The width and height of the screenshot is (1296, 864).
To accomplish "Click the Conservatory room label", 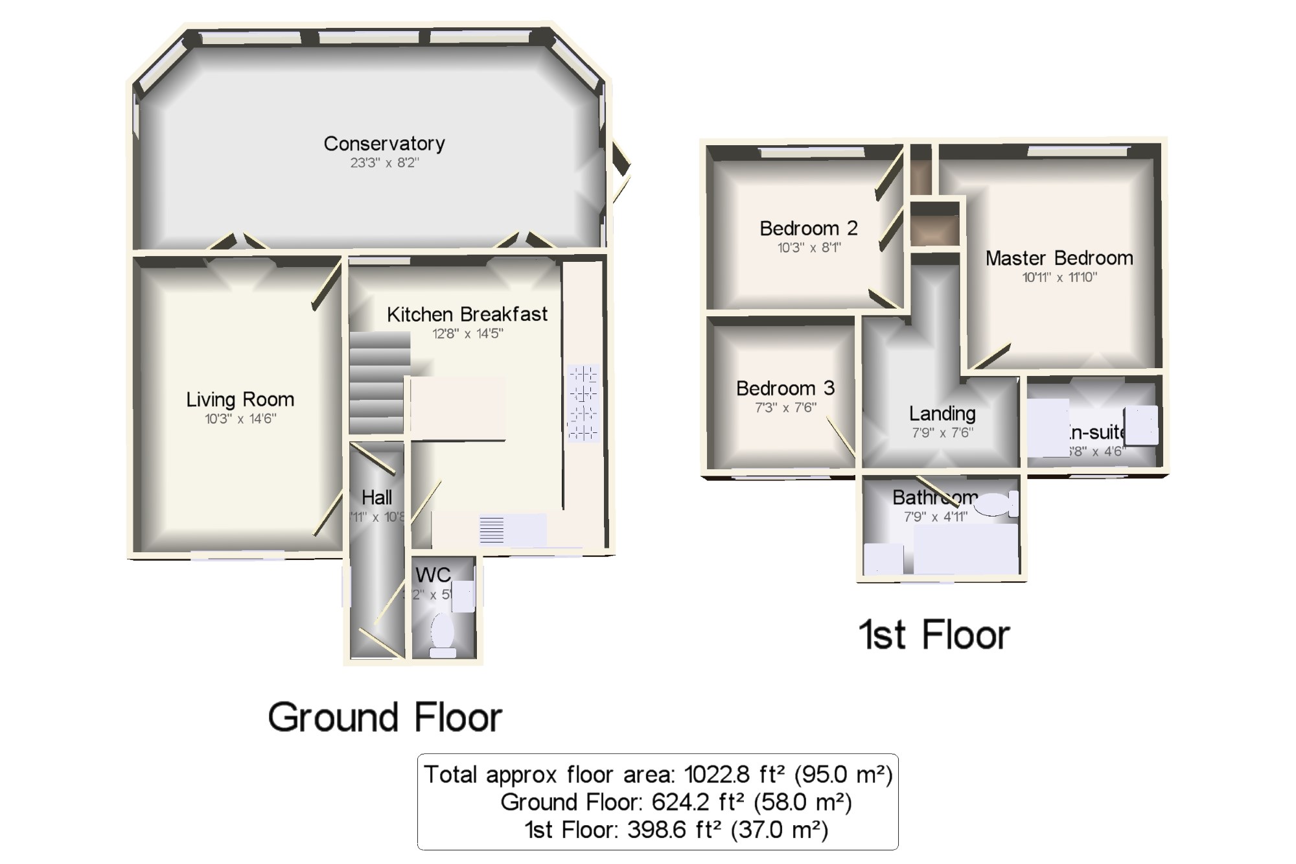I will click(384, 143).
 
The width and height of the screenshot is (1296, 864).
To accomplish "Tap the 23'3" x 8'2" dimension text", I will click(384, 163).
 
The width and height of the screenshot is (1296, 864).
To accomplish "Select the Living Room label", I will click(240, 399).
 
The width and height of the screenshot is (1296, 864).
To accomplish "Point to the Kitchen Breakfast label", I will click(467, 314).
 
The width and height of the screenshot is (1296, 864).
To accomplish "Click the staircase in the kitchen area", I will click(379, 382).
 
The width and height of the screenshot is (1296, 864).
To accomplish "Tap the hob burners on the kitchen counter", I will click(583, 403).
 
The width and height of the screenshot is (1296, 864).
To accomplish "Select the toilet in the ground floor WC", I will click(443, 633).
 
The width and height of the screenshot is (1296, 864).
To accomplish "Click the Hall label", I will click(376, 498).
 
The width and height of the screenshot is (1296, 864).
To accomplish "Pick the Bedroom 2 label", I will click(808, 228).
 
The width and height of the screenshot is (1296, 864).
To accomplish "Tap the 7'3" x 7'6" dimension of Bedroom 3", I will click(785, 408).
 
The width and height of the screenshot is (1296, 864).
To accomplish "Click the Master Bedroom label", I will click(1059, 258).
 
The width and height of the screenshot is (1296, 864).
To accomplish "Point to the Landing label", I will click(942, 414).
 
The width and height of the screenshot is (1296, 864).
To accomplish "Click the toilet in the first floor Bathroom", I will click(995, 504).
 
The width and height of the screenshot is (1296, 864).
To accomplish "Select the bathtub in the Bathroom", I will click(966, 550).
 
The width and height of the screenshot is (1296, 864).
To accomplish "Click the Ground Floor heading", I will click(385, 718).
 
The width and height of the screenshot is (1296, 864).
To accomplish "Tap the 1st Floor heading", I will click(934, 635).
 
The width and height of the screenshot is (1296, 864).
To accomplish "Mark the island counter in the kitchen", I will click(458, 408).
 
